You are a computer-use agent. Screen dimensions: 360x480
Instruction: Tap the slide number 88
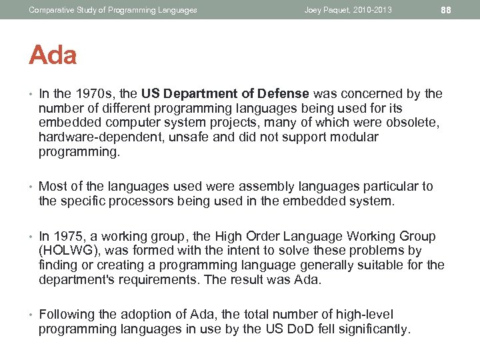447,10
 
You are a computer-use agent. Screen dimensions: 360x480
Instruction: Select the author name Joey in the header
314,10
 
